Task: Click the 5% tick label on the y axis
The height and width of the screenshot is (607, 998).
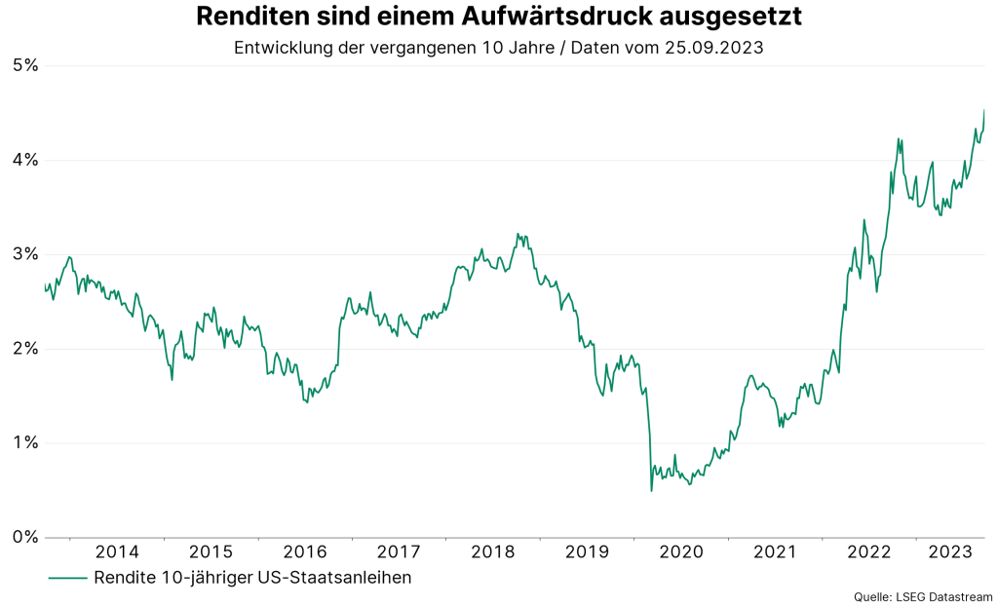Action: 24,65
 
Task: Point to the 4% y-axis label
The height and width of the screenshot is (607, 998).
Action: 24,160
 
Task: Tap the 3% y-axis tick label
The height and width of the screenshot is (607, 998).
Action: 24,254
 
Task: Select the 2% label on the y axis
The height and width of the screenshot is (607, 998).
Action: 24,348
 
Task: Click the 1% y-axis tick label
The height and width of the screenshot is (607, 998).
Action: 24,442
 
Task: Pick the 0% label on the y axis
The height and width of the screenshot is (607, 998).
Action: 24,537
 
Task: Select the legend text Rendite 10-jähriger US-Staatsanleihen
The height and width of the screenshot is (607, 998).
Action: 252,578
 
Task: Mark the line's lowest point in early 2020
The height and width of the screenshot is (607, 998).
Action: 651,490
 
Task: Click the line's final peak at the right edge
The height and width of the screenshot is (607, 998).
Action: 984,110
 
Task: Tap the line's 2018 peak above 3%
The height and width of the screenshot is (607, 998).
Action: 518,234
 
